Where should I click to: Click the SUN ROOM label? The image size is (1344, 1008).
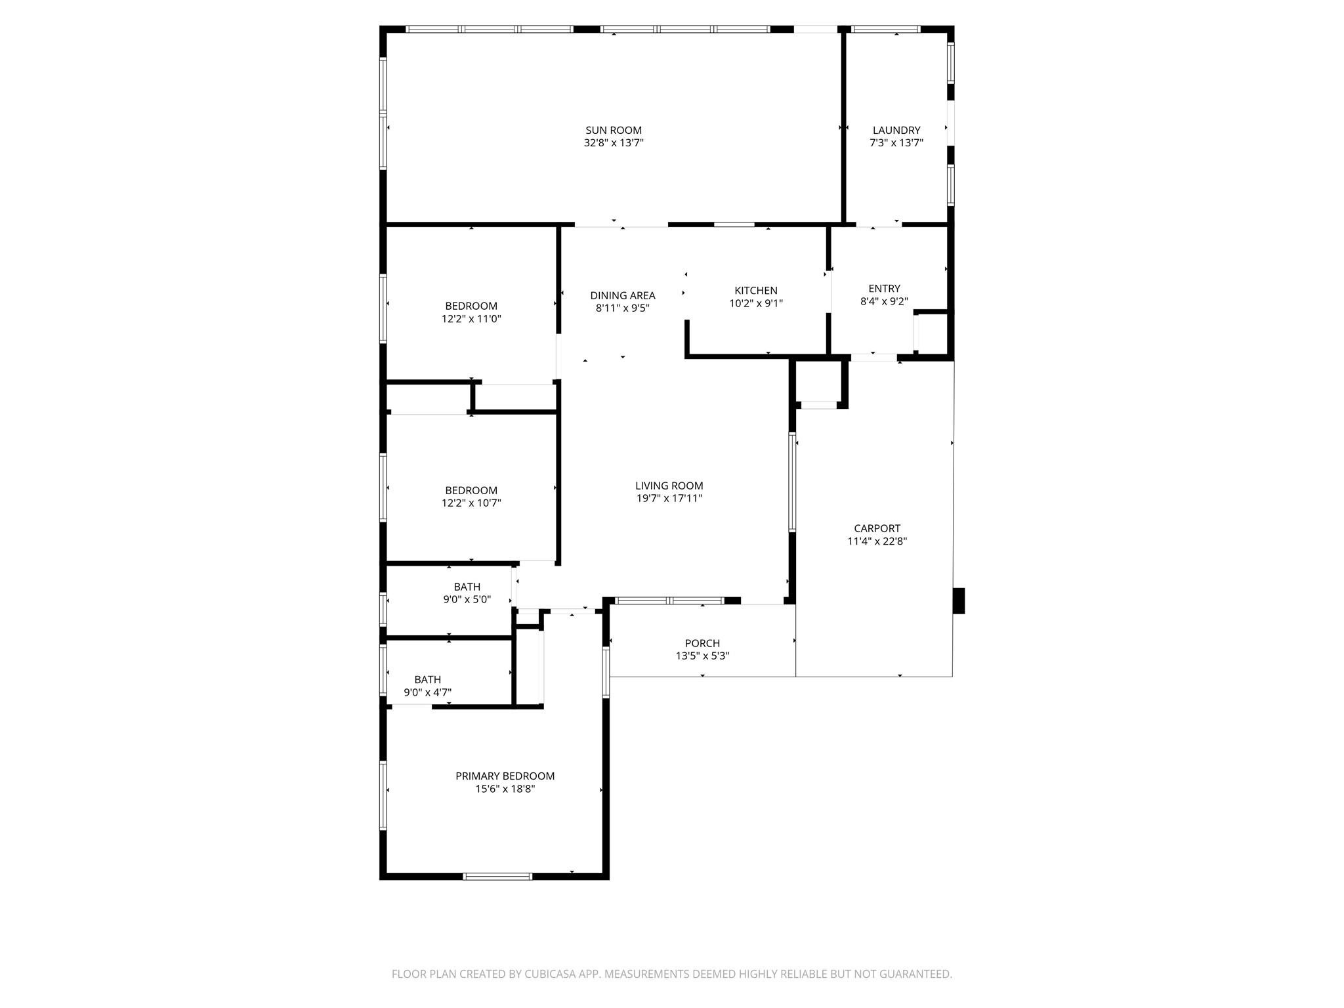pos(614,131)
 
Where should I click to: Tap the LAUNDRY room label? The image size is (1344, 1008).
pos(896,131)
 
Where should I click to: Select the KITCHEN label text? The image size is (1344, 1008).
pos(756,291)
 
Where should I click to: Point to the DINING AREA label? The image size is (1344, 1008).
pos(622,296)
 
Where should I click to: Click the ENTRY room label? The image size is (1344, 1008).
pos(884,289)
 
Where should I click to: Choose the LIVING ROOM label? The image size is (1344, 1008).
pos(669,486)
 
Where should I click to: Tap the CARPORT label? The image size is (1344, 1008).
pos(877,528)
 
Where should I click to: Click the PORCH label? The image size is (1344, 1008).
pos(702,643)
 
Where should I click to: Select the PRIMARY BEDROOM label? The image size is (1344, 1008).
pos(505,776)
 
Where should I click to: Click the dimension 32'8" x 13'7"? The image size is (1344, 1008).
pos(614,143)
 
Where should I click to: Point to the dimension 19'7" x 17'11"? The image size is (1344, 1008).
pos(669,499)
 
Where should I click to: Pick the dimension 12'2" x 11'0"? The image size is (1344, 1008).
pos(471,319)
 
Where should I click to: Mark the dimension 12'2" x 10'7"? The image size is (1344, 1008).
pos(471,503)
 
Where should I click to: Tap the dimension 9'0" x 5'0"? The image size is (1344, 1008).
pos(467,599)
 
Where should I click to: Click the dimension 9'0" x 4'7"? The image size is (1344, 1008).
pos(427,692)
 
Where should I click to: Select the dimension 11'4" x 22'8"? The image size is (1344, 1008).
pos(877,541)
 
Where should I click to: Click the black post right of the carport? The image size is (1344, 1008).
pos(959,600)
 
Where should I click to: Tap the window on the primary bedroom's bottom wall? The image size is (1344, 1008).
pos(497,876)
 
